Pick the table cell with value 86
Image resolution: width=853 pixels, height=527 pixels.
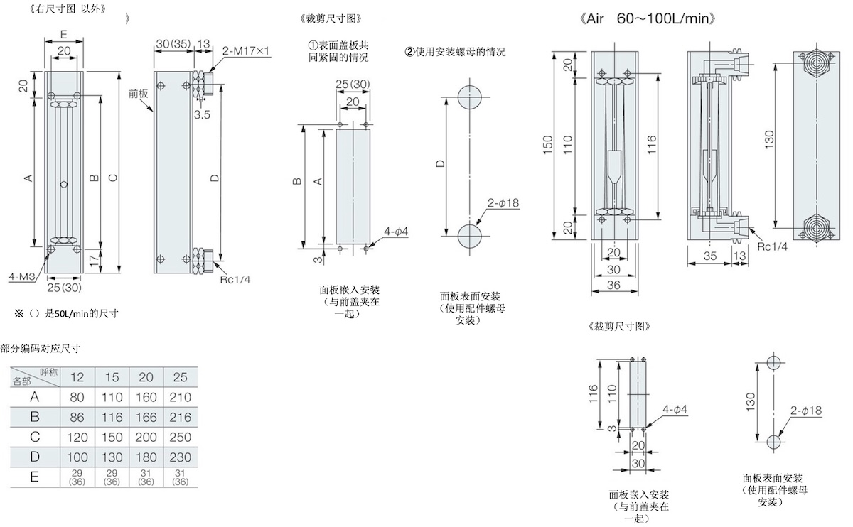pos(77,417)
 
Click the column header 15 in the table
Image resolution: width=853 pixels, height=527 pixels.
pos(112,376)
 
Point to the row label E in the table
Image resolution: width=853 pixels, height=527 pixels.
pos(34,477)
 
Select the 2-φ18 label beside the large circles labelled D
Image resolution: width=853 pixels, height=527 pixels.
pos(504,203)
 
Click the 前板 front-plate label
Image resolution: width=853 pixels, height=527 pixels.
pos(138,93)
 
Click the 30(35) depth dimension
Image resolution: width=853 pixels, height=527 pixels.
pos(173,44)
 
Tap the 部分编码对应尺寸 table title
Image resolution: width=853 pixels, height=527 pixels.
pos(40,349)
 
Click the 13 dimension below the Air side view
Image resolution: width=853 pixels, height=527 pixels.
pos(739,255)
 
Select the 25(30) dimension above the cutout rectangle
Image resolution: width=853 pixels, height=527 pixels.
pos(353,85)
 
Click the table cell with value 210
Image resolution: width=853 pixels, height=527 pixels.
pos(181,397)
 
